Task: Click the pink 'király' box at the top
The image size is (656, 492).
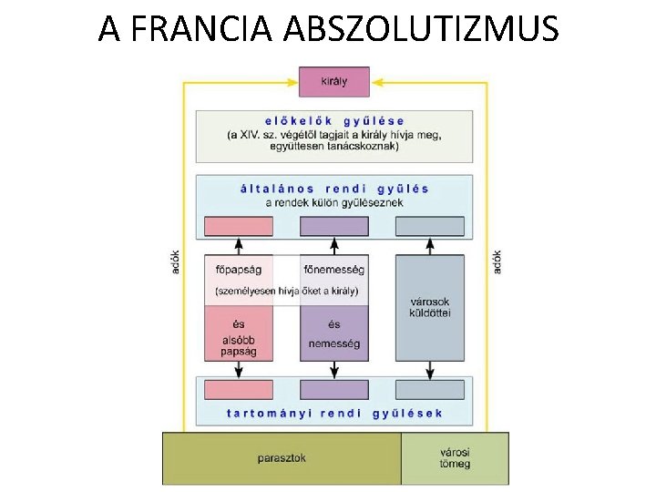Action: (334, 81)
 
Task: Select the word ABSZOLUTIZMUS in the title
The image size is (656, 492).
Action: (421, 29)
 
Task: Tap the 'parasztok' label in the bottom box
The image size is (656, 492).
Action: (281, 458)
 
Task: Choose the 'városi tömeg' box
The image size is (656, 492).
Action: (455, 458)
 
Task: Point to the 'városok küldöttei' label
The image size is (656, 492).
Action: (429, 308)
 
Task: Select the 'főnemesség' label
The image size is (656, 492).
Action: (334, 270)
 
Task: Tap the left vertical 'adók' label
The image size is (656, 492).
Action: (175, 262)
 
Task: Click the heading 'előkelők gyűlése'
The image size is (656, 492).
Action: (334, 121)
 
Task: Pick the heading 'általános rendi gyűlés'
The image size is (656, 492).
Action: (334, 189)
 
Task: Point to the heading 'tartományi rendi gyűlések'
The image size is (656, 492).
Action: (334, 413)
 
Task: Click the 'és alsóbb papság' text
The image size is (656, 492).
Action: (238, 337)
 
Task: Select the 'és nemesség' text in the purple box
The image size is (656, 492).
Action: (334, 334)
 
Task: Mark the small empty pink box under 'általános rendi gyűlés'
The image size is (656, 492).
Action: (238, 226)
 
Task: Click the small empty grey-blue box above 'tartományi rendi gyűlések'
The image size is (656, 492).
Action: (429, 390)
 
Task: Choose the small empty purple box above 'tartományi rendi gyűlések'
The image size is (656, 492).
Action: (334, 390)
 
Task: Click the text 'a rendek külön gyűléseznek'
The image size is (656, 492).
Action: (334, 202)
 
